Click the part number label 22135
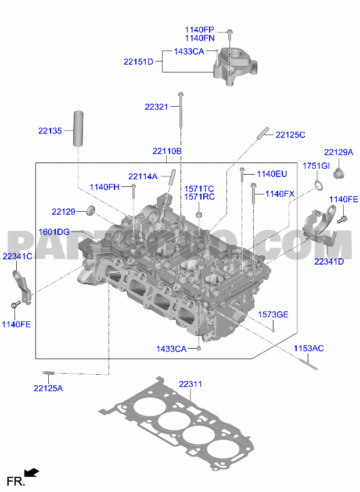pyautogui.click(x=51, y=131)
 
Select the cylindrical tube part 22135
pyautogui.click(x=79, y=128)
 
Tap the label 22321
pyautogui.click(x=156, y=107)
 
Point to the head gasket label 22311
pyautogui.click(x=190, y=384)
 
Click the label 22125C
pyautogui.click(x=290, y=135)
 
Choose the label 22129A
pyautogui.click(x=339, y=153)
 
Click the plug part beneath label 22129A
pyautogui.click(x=338, y=173)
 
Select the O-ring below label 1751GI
pyautogui.click(x=319, y=185)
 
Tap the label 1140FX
pyautogui.click(x=280, y=194)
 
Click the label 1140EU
pyautogui.click(x=272, y=174)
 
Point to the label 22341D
pyautogui.click(x=329, y=261)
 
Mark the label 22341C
pyautogui.click(x=17, y=256)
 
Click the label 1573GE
pyautogui.click(x=273, y=314)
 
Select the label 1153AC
pyautogui.click(x=309, y=348)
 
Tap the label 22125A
pyautogui.click(x=48, y=389)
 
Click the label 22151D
pyautogui.click(x=139, y=62)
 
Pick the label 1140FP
pyautogui.click(x=200, y=30)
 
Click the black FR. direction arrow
pyautogui.click(x=32, y=472)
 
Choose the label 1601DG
pyautogui.click(x=54, y=232)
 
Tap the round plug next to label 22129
pyautogui.click(x=91, y=210)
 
